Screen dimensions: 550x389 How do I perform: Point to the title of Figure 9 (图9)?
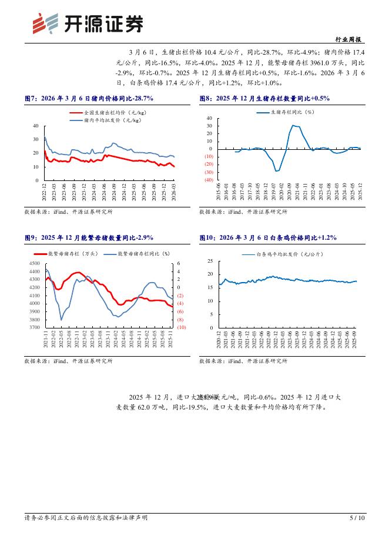pyautogui.click(x=89, y=237)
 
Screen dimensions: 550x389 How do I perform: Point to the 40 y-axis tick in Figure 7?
pyautogui.click(x=36, y=126)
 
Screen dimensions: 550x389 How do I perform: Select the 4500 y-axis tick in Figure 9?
pyautogui.click(x=34, y=264)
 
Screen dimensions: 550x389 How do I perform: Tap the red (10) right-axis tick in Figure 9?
pyautogui.click(x=181, y=327)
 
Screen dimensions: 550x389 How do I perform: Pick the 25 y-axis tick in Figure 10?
pyautogui.click(x=210, y=260)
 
